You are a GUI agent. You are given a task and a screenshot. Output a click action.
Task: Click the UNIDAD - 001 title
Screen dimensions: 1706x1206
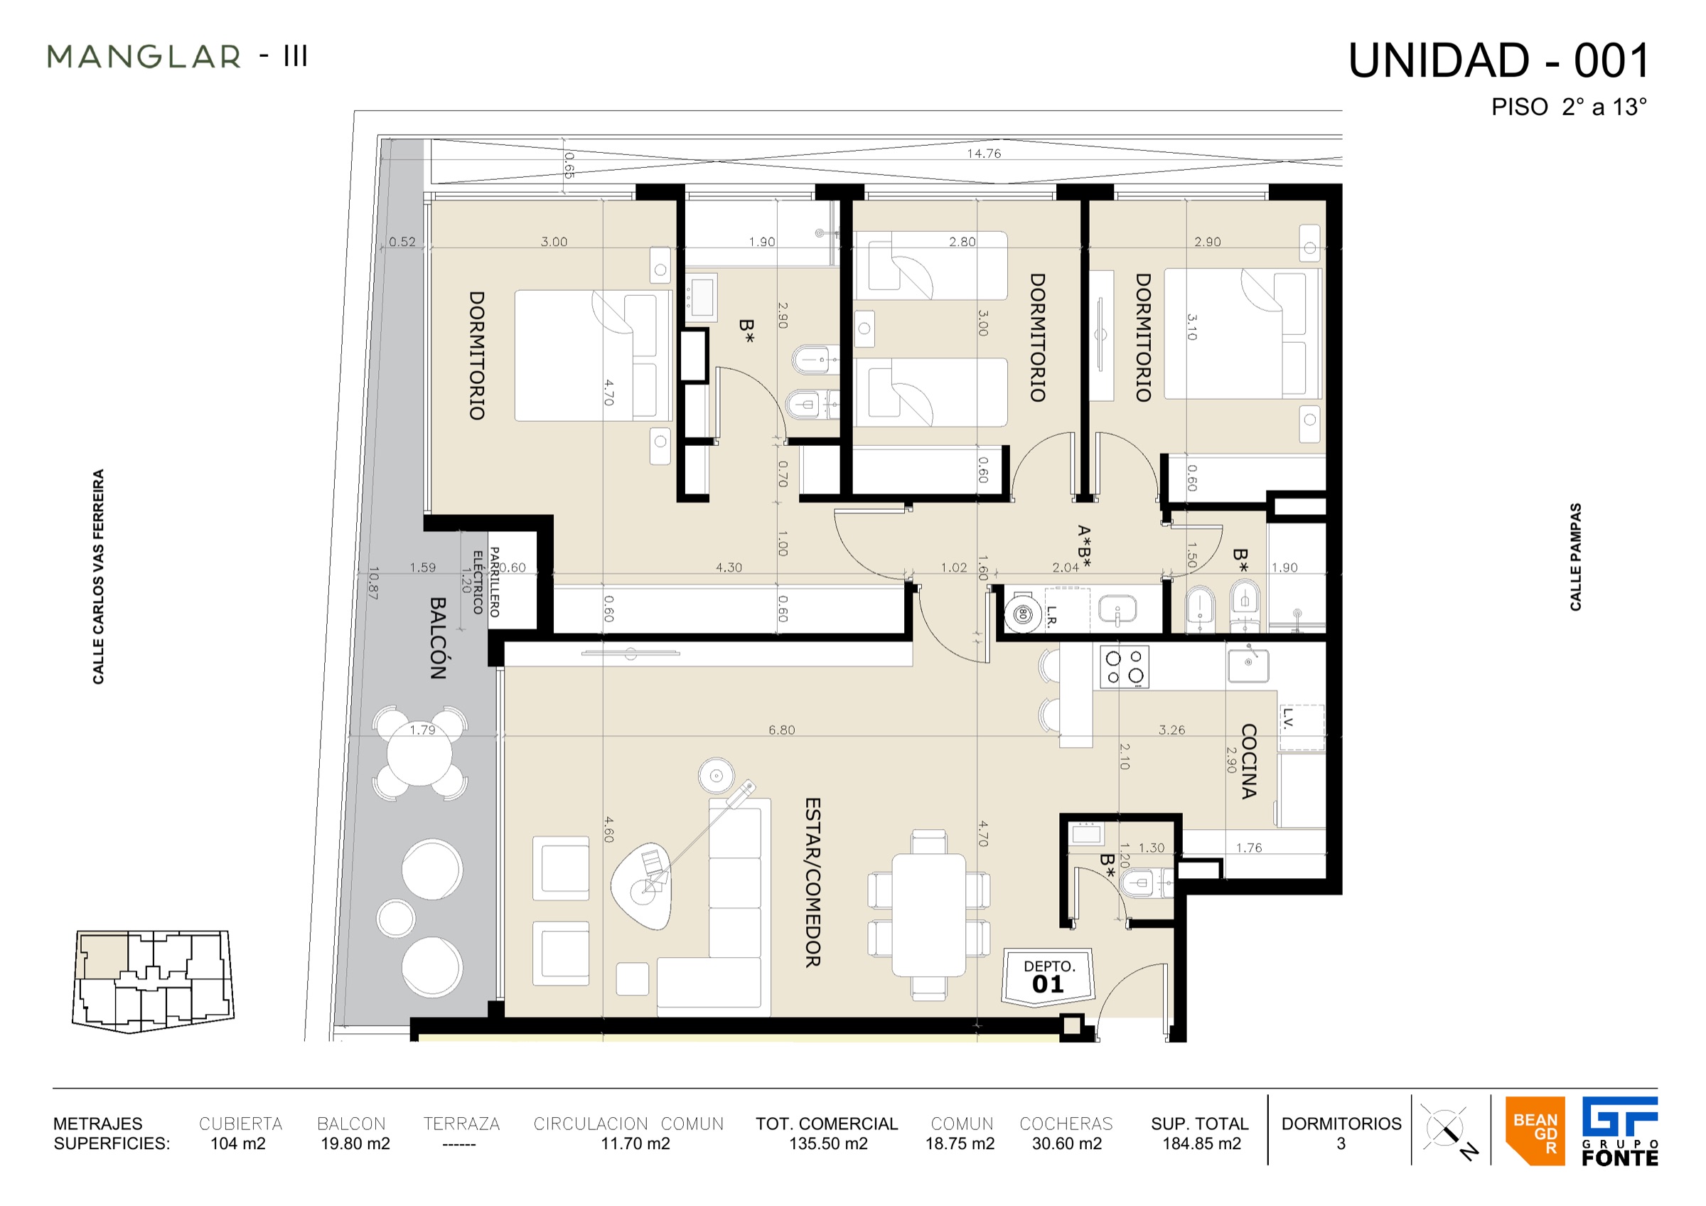pyautogui.click(x=1498, y=61)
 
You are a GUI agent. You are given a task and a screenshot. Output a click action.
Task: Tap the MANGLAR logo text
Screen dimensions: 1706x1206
pyautogui.click(x=144, y=57)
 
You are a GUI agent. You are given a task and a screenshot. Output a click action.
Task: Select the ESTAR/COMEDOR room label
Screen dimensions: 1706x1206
pyautogui.click(x=813, y=882)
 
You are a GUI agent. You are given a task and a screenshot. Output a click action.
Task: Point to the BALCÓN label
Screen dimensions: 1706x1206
pyautogui.click(x=438, y=639)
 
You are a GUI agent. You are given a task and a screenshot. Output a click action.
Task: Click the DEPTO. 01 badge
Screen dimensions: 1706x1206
pyautogui.click(x=1048, y=976)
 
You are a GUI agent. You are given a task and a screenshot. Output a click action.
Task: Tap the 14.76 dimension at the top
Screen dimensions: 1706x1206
pyautogui.click(x=984, y=154)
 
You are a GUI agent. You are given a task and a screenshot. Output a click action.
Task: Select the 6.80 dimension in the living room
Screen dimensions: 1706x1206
pyautogui.click(x=782, y=730)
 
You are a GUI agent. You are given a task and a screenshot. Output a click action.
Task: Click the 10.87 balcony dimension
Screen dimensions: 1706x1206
pyautogui.click(x=373, y=583)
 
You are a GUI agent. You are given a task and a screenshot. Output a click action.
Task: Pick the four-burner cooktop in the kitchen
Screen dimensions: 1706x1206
pyautogui.click(x=1125, y=666)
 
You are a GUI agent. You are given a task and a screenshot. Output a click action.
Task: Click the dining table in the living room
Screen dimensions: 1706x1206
pyautogui.click(x=929, y=914)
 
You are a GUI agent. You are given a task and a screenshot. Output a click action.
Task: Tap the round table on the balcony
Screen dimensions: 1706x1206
pyautogui.click(x=419, y=754)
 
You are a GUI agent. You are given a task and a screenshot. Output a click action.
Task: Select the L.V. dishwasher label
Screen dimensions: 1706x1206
pyautogui.click(x=1289, y=720)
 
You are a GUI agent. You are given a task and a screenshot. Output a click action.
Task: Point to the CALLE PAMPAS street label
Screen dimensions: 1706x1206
pyautogui.click(x=1575, y=557)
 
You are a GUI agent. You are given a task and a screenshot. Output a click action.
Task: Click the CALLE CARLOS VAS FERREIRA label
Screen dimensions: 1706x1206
pyautogui.click(x=98, y=577)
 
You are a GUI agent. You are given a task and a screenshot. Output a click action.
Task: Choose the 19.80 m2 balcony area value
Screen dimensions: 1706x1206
pyautogui.click(x=355, y=1143)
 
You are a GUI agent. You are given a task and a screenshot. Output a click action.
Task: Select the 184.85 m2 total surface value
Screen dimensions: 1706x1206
pyautogui.click(x=1201, y=1143)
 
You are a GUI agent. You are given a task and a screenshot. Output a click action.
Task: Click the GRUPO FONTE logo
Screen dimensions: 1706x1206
pyautogui.click(x=1620, y=1131)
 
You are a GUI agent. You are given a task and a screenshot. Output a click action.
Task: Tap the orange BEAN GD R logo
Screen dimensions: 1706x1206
pyautogui.click(x=1535, y=1131)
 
